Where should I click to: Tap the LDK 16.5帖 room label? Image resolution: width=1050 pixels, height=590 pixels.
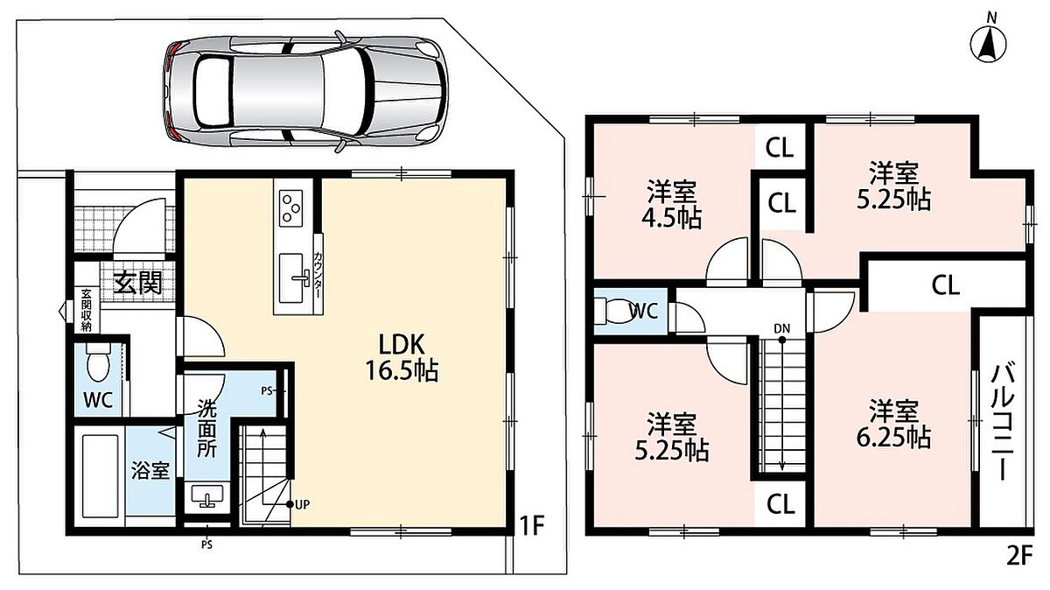402,357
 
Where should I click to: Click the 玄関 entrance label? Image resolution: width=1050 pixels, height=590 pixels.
139,282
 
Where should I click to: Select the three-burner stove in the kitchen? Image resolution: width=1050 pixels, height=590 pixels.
290,208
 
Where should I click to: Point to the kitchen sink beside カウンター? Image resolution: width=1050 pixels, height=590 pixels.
292,278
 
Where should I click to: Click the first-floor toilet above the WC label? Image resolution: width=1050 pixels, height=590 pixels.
98,362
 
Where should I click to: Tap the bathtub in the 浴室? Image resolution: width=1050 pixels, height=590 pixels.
101,476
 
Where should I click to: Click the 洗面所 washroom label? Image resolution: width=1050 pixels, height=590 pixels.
206,428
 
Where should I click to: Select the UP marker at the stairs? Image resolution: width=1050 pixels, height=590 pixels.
298,504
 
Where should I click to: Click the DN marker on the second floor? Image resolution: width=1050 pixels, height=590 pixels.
782,329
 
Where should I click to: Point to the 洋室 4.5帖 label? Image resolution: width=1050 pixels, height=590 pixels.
671,205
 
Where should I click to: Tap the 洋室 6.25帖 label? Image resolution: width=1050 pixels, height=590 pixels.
893,424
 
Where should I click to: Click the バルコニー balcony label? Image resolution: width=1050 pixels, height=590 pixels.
1002,421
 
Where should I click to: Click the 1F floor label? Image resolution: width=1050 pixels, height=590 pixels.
531,525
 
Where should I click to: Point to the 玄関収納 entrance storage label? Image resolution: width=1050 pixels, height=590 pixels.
86,311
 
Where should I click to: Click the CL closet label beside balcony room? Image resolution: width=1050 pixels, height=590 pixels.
945,285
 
